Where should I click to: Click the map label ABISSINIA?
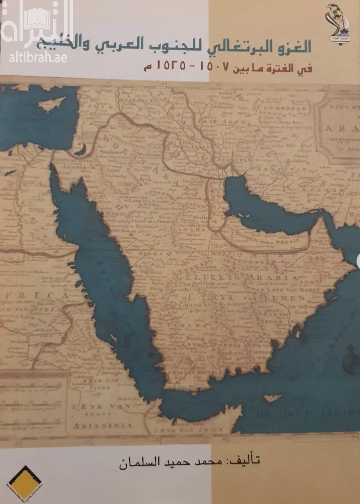103,425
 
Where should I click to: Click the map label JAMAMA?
190,230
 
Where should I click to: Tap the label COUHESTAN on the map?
282,108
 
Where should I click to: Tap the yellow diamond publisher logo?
24,483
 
